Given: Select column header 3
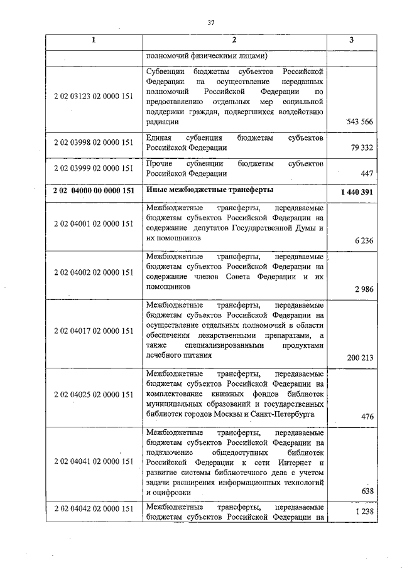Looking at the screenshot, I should point(351,41).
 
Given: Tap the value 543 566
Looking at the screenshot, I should point(359,122).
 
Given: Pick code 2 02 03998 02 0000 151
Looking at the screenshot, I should point(93,142).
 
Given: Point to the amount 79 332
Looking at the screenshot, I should point(362,148).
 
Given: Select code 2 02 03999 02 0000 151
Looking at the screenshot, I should point(93,168).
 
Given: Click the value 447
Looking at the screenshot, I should point(367,174).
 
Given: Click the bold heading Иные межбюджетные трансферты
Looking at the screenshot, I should point(209,190).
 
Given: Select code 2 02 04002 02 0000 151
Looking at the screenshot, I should point(93,273).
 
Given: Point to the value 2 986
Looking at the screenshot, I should point(364,289).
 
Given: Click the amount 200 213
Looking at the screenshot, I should point(360,358).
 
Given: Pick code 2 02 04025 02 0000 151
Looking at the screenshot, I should point(93,394).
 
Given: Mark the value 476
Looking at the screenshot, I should point(367,417).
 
